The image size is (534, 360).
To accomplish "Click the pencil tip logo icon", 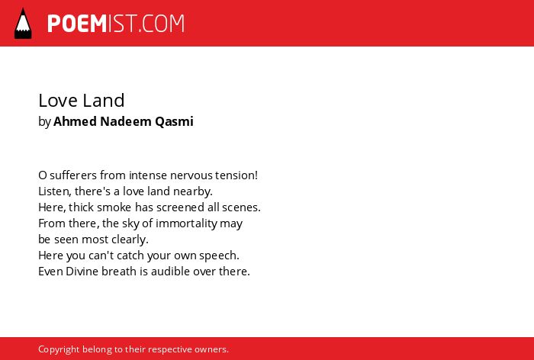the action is pos(23,23).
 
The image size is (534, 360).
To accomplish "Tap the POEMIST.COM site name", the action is pos(116,24).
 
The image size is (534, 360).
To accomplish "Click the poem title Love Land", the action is pos(82,101).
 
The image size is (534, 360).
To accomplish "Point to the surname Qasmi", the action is pos(174,121).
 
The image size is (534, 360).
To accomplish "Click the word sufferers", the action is pos(73,175).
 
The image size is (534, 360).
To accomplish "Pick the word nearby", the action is pos(193,191).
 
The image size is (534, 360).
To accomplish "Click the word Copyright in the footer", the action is pos(59,349).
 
